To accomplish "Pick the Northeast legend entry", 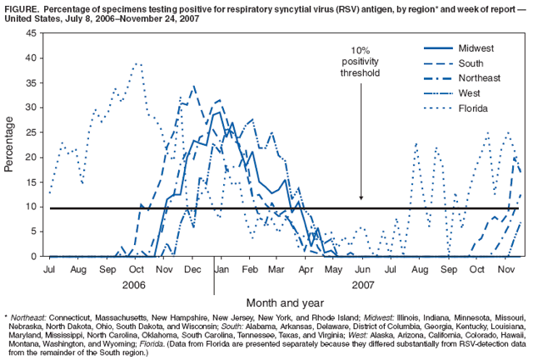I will [x=480, y=78].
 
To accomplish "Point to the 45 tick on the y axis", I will [x=31, y=33].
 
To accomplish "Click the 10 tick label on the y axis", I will [x=31, y=207].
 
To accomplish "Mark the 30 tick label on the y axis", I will [x=31, y=107].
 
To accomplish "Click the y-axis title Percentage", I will [x=9, y=144].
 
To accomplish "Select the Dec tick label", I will [x=192, y=271].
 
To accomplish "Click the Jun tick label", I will [x=363, y=271].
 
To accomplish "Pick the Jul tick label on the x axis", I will [x=49, y=271].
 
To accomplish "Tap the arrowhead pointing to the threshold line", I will [x=361, y=197].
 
